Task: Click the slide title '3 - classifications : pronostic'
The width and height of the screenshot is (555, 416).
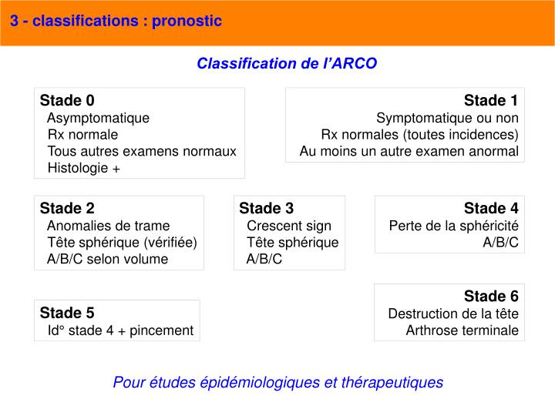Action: pos(116,21)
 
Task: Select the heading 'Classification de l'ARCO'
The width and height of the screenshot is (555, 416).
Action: pos(287,63)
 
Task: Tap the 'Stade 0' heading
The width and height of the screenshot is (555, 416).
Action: pos(67,101)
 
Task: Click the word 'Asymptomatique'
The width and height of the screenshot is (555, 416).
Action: pos(98,118)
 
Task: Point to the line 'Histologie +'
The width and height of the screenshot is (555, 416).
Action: pos(84,168)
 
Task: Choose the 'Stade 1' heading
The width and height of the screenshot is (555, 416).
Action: pos(491,101)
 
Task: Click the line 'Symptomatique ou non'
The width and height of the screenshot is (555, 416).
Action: pos(447,118)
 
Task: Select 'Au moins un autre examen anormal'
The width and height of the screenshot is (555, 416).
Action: pos(409,151)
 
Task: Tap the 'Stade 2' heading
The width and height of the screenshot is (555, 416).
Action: pos(67,208)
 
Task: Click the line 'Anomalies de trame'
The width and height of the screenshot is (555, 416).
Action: pos(108,226)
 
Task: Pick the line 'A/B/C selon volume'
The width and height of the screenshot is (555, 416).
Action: pos(107,259)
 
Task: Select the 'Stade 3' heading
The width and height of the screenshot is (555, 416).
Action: pos(266,208)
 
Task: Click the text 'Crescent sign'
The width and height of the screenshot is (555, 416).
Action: pos(289,226)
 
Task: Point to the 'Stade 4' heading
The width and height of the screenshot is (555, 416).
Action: pos(491,208)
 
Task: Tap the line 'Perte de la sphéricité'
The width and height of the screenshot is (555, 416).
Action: pos(453,226)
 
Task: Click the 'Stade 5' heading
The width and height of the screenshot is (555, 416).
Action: pos(67,313)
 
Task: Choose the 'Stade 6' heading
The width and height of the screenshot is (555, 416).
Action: pos(491,297)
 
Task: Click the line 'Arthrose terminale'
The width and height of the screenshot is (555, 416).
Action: pos(462,330)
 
